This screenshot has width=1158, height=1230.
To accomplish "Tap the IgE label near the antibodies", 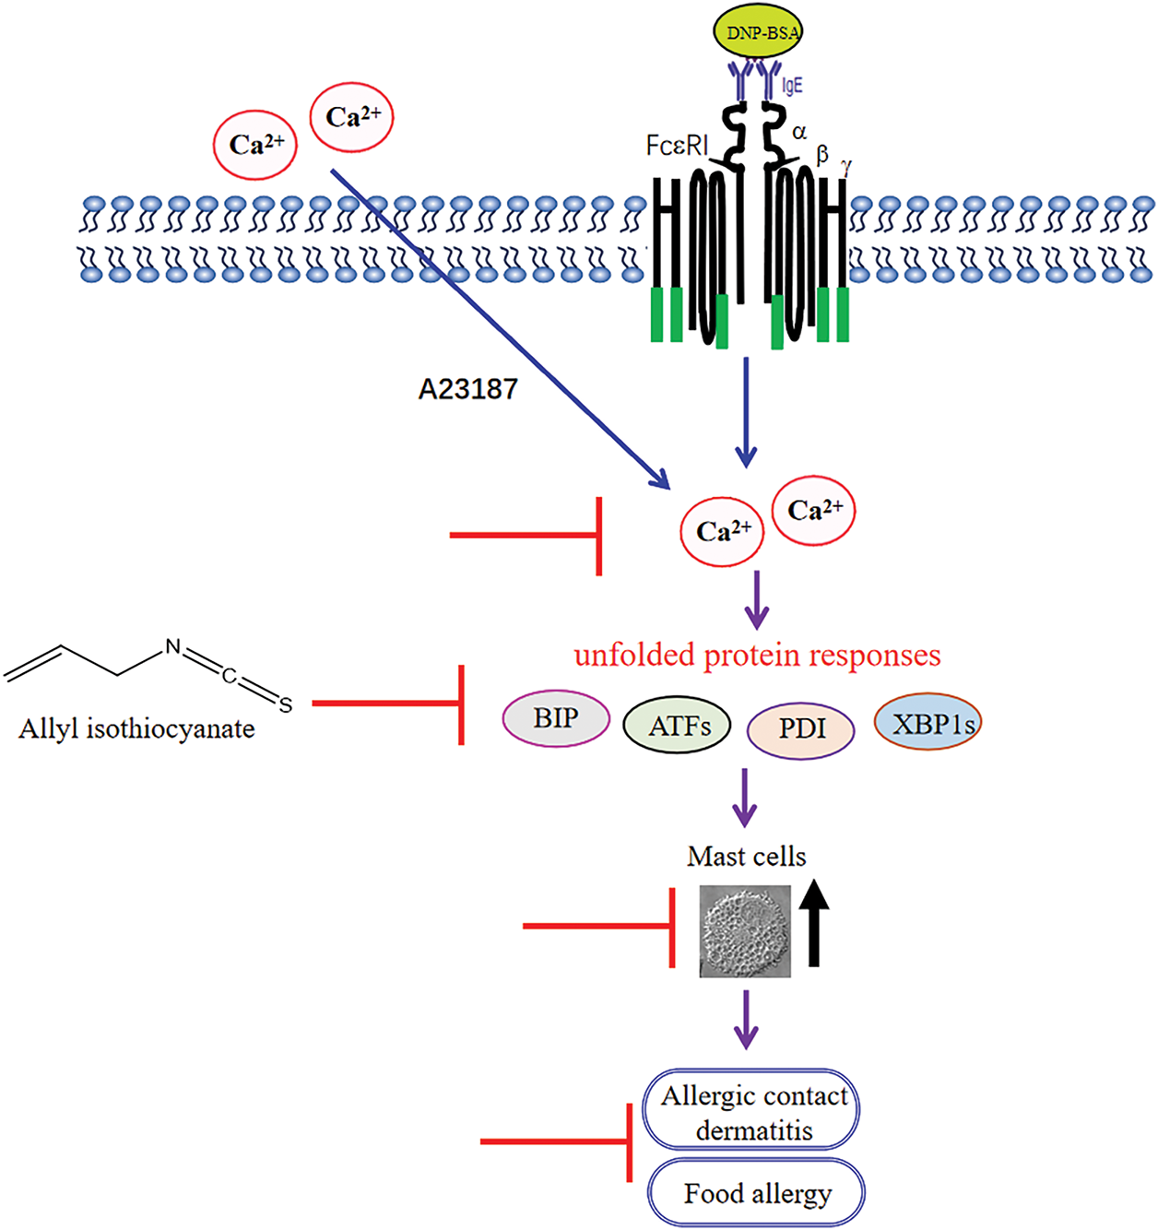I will tap(793, 86).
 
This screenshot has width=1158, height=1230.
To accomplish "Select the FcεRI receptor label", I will tap(678, 146).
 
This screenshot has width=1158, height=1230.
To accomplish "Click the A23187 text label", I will tap(467, 389).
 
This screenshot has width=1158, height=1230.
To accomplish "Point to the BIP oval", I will tap(556, 718).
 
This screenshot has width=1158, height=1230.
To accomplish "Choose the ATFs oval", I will tap(678, 727).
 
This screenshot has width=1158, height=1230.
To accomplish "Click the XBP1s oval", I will tap(928, 722).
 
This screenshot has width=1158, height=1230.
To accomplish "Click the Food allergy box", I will tap(757, 1194).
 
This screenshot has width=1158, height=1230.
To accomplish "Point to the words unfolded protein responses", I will tap(757, 655).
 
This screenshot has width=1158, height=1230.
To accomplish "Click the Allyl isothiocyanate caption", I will tap(136, 728).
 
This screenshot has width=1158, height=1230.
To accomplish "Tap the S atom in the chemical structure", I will tap(286, 705).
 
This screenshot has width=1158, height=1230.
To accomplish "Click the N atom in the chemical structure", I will tap(172, 647).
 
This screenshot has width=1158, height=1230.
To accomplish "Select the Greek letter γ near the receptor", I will tap(846, 166).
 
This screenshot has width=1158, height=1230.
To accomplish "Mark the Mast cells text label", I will tap(746, 857).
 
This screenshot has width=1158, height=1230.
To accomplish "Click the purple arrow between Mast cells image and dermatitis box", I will tap(746, 1019).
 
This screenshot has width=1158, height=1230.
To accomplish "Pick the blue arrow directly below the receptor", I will tap(746, 411).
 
